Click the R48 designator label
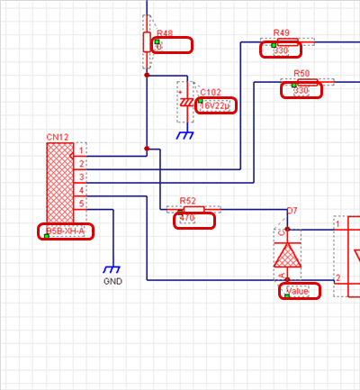[x=164, y=32]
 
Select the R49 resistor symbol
[x=287, y=41]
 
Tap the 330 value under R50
[x=301, y=91]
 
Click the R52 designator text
[x=187, y=201]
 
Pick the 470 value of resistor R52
[x=187, y=218]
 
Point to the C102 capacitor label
[x=210, y=93]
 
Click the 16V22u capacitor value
[x=215, y=105]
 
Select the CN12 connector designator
[x=58, y=137]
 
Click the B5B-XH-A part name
[x=65, y=231]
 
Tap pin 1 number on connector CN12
[x=81, y=150]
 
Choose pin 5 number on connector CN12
[x=81, y=204]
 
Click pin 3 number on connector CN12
[x=81, y=177]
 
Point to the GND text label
[x=112, y=281]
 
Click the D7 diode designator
[x=291, y=211]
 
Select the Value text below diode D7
[x=298, y=291]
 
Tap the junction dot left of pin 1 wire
[x=146, y=149]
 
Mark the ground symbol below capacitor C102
[x=186, y=135]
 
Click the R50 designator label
[x=301, y=74]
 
